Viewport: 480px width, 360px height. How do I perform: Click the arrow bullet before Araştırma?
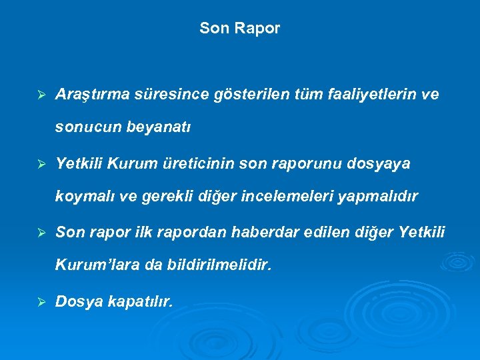(x=41, y=95)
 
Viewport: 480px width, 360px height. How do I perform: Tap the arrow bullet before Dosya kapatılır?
(x=41, y=302)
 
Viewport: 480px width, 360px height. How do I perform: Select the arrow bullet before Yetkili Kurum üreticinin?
(x=41, y=164)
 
